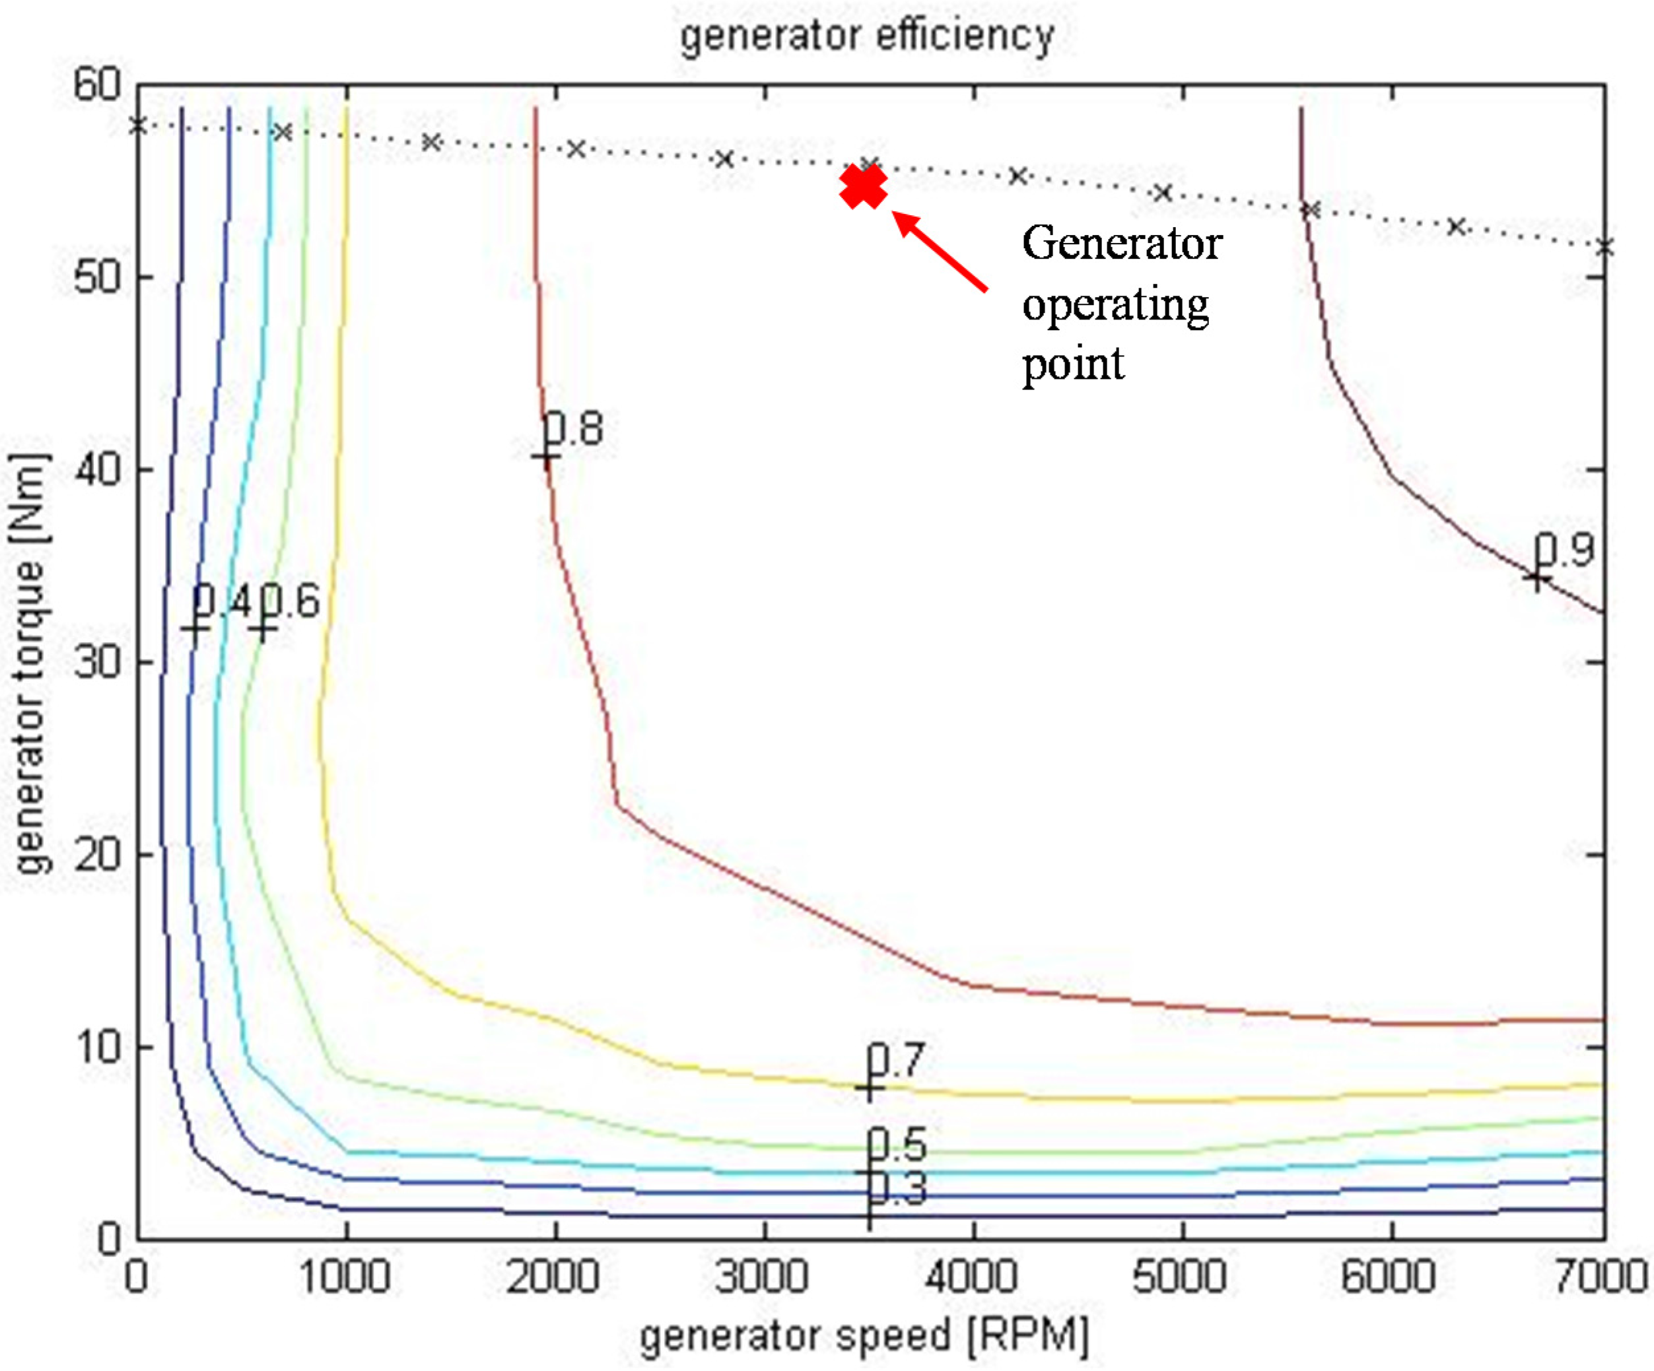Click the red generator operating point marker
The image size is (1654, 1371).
(x=863, y=187)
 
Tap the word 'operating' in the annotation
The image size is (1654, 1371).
(x=1115, y=305)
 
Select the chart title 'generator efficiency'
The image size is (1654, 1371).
(x=867, y=36)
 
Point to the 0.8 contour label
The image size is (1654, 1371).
(x=573, y=429)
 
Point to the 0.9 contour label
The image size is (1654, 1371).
(x=1564, y=550)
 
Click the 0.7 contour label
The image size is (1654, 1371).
(x=895, y=1060)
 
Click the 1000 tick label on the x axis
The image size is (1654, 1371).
(x=345, y=1276)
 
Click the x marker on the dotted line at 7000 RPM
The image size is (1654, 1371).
(x=1604, y=248)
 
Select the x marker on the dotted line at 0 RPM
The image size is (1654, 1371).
(x=138, y=126)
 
